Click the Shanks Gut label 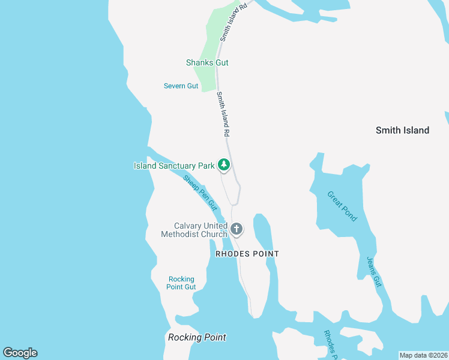[x=207, y=62]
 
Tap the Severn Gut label [x=181, y=86]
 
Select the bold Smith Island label [x=402, y=130]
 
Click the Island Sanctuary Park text [x=173, y=166]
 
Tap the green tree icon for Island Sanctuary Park [x=224, y=164]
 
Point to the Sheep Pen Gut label [x=199, y=192]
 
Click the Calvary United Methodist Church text [x=194, y=230]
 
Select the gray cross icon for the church [x=237, y=229]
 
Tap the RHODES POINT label [x=247, y=254]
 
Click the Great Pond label [x=342, y=206]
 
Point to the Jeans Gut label [x=374, y=271]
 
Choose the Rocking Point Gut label [x=181, y=283]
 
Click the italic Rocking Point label [x=197, y=337]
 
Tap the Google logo [x=20, y=353]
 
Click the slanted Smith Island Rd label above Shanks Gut [x=234, y=22]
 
